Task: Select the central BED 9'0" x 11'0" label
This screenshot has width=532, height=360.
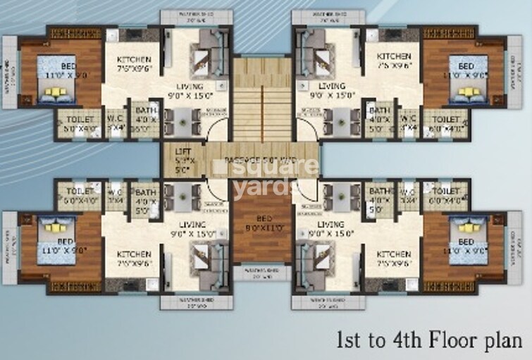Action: (262, 223)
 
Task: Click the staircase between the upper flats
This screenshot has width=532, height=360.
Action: (262, 99)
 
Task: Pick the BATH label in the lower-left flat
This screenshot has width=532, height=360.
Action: (146, 192)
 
